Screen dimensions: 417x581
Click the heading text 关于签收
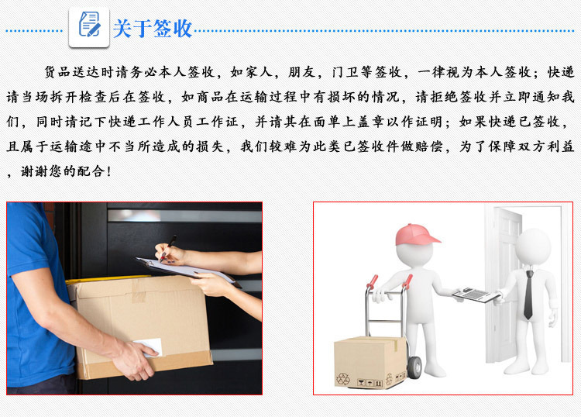pos(152,29)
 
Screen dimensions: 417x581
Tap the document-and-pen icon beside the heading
pos(89,27)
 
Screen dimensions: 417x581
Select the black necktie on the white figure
pos(528,295)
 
